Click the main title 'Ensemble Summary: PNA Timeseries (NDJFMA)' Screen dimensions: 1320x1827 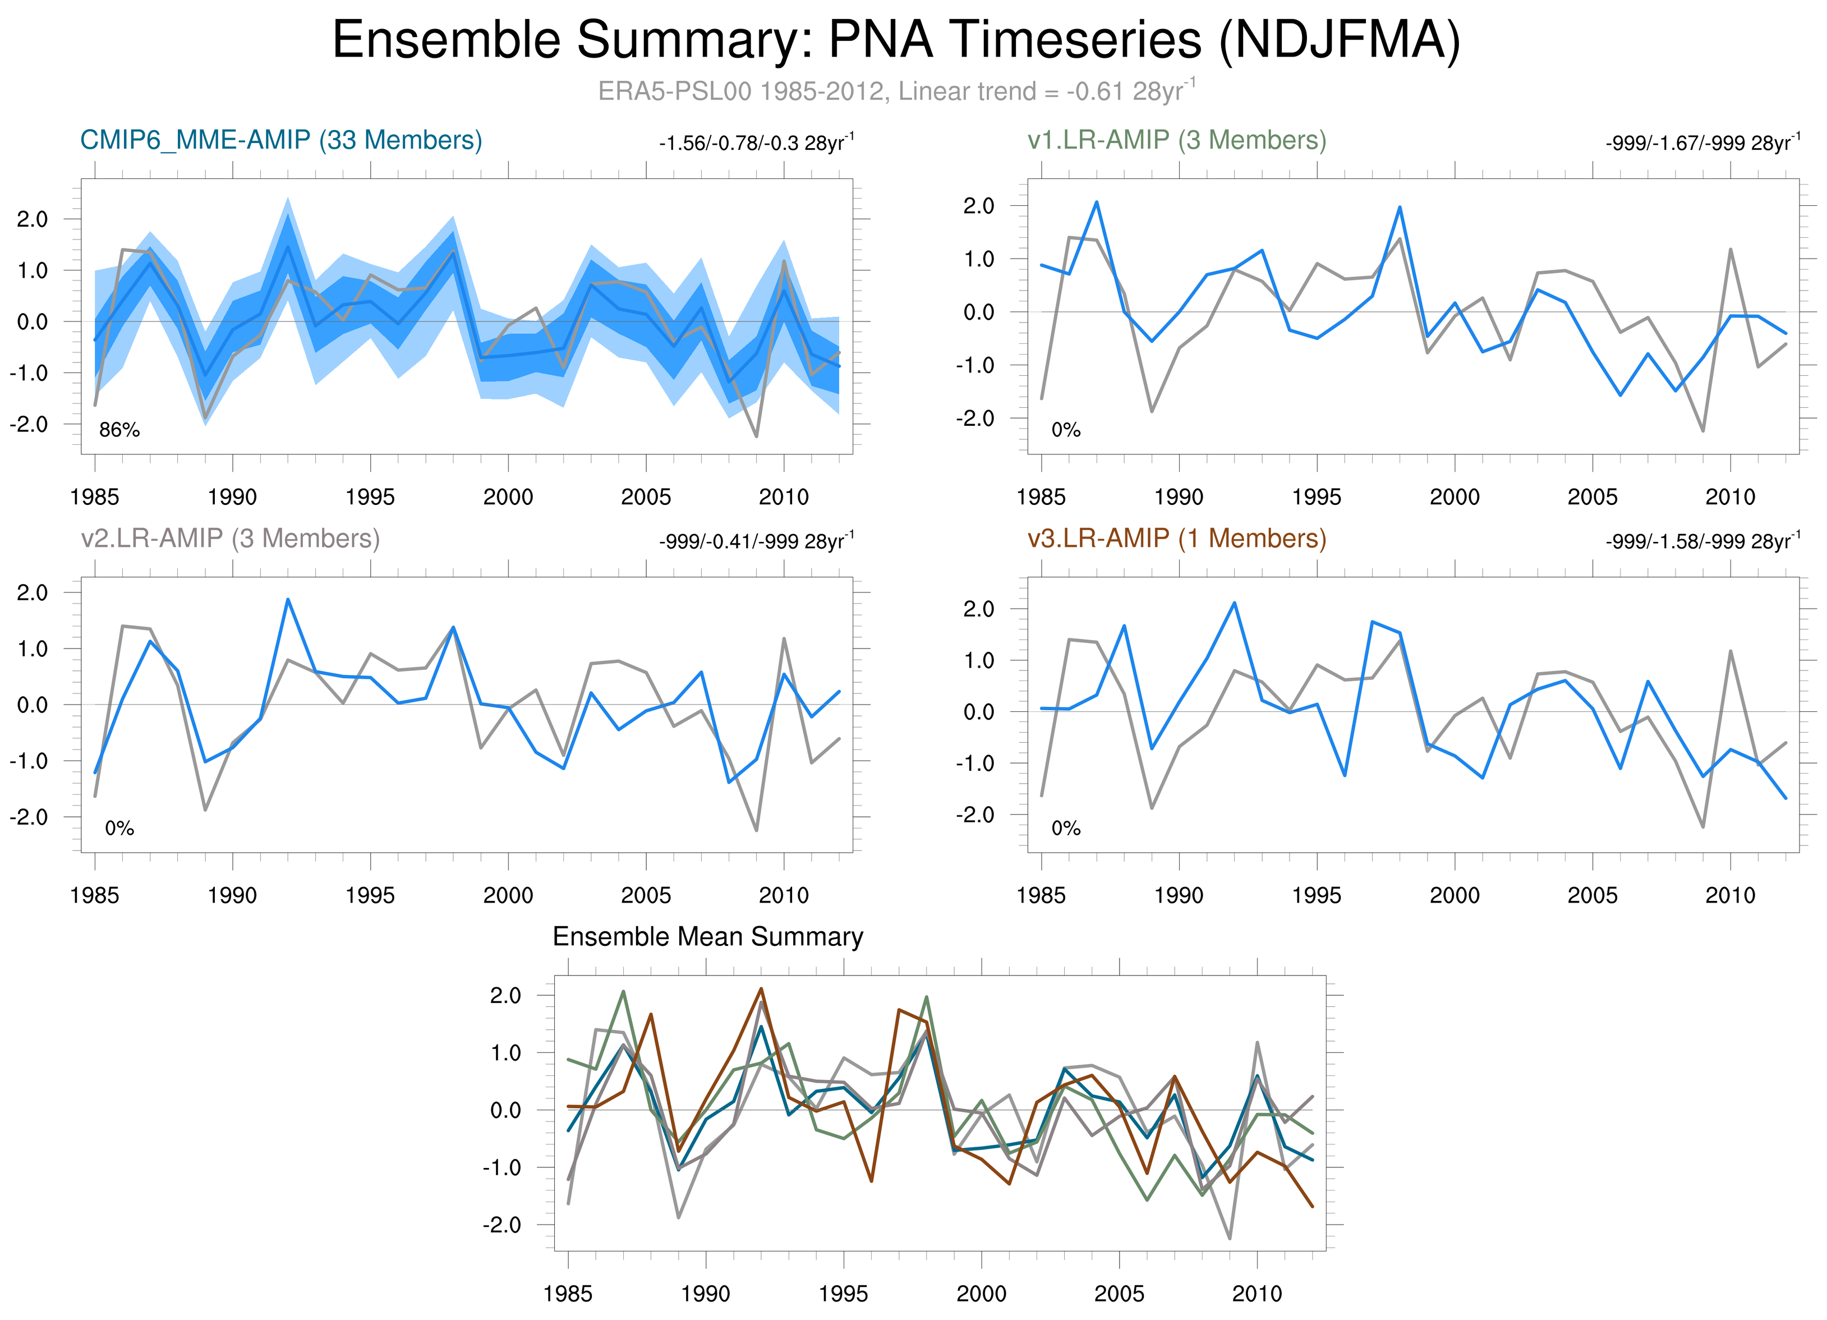click(896, 40)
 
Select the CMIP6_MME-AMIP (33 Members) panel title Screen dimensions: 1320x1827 click(281, 140)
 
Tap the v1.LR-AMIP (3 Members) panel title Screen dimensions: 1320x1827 click(1177, 140)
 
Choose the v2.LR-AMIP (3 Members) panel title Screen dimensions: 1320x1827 click(231, 538)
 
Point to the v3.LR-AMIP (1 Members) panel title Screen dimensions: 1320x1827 click(1177, 538)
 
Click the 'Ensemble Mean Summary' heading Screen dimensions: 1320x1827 click(707, 937)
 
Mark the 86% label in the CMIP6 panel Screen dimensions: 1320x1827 click(119, 430)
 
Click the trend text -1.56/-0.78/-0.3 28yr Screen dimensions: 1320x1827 click(756, 144)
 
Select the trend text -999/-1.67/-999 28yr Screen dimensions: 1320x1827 click(1702, 144)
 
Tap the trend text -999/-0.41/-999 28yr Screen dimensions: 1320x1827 click(756, 541)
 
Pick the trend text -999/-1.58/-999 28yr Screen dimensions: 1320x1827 click(1702, 541)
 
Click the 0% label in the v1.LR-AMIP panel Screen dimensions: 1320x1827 click(1066, 430)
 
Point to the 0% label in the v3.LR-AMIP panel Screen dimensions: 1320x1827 click(1066, 828)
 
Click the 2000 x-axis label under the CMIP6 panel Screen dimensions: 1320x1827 click(508, 497)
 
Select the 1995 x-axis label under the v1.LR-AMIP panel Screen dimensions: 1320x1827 click(1317, 497)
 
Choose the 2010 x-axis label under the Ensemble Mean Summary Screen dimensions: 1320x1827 click(1257, 1294)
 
